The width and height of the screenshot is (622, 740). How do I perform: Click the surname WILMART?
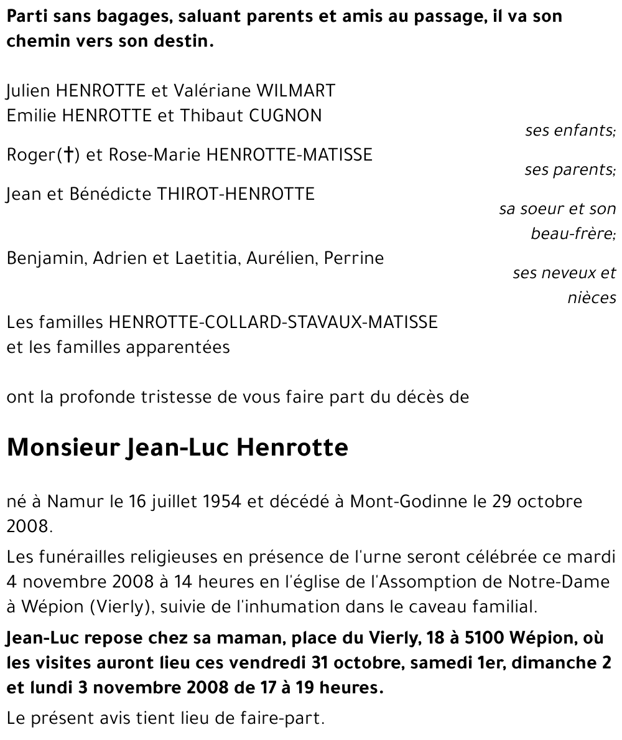click(296, 91)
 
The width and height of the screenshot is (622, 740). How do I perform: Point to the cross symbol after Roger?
click(68, 154)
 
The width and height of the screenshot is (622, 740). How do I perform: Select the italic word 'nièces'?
click(592, 298)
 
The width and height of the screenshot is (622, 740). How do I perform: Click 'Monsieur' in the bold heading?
click(63, 447)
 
